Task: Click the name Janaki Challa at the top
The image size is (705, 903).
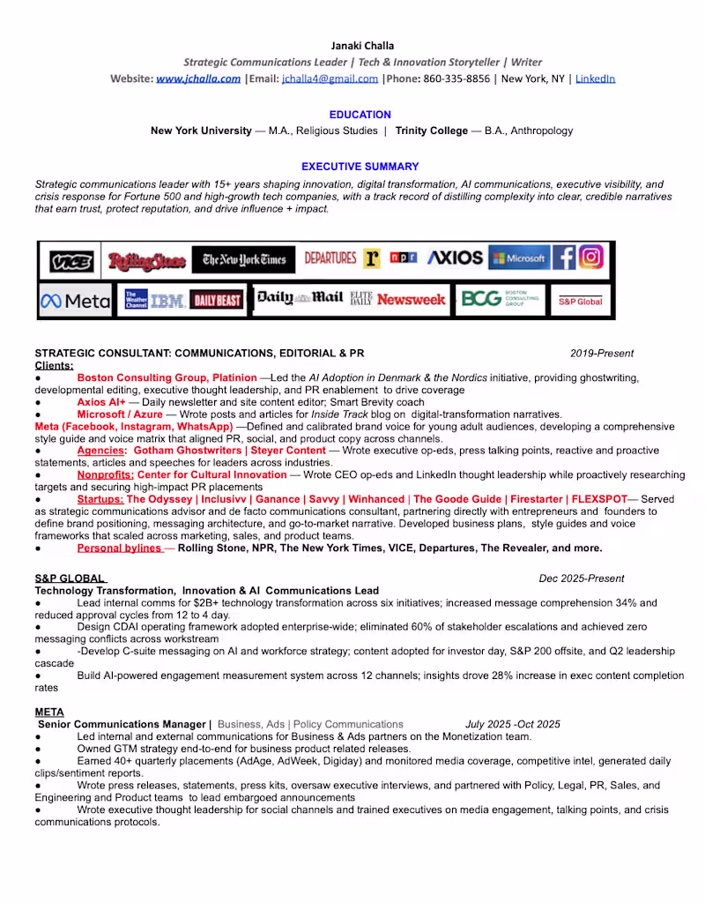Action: (362, 45)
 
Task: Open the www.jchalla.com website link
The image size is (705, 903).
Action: (198, 78)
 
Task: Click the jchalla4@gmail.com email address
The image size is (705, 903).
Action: (330, 78)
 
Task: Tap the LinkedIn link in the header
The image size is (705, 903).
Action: (595, 78)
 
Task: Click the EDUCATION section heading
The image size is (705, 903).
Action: (360, 115)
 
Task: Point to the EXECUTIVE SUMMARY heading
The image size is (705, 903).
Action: (360, 166)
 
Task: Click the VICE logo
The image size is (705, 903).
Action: (70, 261)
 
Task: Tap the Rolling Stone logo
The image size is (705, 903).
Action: (146, 261)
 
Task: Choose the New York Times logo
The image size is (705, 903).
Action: (244, 259)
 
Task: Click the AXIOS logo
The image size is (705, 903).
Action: (455, 258)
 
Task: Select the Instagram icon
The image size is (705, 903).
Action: (592, 257)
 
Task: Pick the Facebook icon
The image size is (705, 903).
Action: (564, 257)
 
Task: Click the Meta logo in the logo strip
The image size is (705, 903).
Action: (76, 301)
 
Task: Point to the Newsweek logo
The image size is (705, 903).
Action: (411, 300)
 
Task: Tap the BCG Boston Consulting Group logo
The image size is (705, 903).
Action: (499, 300)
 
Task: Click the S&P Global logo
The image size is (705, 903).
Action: (580, 301)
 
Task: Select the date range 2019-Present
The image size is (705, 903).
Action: (602, 354)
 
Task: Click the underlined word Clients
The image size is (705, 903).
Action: (54, 365)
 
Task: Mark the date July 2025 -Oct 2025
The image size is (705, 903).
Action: (512, 724)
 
